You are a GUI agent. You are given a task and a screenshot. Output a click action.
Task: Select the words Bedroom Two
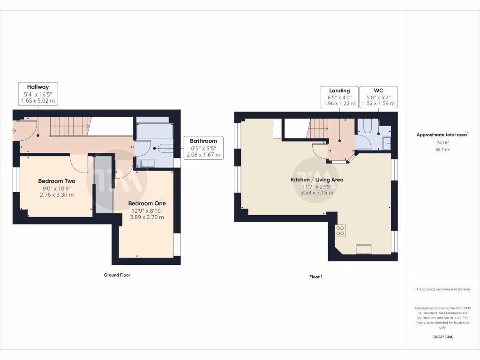point(57,181)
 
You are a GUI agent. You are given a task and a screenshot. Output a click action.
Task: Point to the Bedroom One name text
point(147,203)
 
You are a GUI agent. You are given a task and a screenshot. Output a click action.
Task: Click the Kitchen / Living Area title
point(317,180)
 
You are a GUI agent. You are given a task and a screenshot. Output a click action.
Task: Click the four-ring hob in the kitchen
point(340,230)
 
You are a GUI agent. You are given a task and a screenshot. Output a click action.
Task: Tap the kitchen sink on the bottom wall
point(364,249)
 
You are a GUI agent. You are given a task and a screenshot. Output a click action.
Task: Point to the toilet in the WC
point(367,126)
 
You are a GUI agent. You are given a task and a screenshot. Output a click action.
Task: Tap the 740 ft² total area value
point(442,142)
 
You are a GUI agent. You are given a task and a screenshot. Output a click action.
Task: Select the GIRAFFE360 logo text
point(443,337)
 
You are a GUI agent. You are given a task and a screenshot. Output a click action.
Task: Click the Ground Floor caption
point(117,275)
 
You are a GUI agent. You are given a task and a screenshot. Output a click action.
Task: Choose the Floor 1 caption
point(316,277)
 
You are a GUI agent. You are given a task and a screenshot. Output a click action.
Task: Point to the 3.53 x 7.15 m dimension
point(317,193)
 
